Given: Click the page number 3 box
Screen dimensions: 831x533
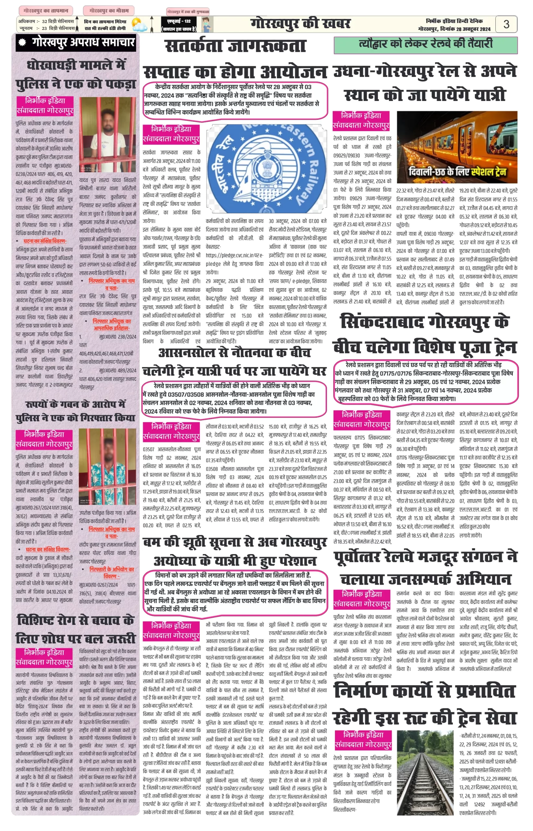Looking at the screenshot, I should pos(506,24).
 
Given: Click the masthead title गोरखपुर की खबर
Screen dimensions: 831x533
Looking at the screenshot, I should pos(300,24).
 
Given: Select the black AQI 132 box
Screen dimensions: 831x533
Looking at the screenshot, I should pos(179,24).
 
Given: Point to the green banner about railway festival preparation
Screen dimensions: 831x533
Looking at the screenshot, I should pos(425,44).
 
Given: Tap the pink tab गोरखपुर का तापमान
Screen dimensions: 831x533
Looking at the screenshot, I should pos(46,11).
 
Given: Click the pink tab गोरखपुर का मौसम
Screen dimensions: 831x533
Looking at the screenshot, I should pos(109,11).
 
